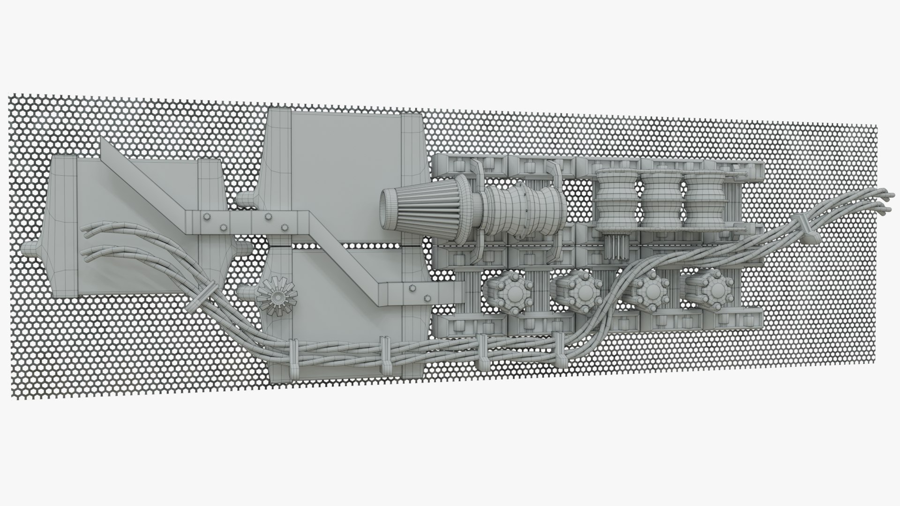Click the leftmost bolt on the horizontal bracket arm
[207, 217]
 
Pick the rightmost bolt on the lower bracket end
[427, 298]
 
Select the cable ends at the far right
[881, 199]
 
